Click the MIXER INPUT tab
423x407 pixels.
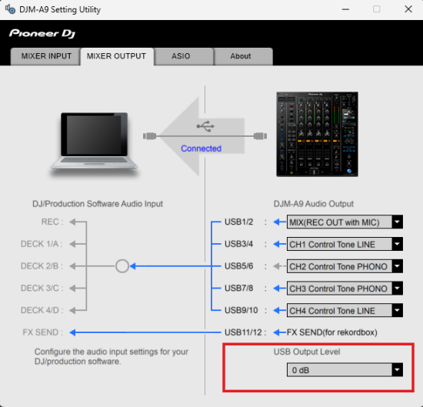pos(45,56)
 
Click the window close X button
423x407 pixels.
pos(408,9)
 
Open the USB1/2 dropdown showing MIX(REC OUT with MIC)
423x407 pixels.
pos(345,222)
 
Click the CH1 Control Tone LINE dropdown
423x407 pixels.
pos(345,244)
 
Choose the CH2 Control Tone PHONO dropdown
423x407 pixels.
pos(345,266)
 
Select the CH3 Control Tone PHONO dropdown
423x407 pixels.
pos(345,289)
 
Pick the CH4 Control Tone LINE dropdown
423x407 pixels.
pos(345,311)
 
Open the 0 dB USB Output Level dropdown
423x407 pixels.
pos(345,370)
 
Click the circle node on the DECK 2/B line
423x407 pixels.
pos(122,259)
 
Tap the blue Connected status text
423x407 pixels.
pos(201,148)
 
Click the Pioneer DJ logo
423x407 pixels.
pos(42,33)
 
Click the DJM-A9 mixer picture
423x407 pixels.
pos(317,134)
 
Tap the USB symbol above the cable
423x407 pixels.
pos(205,126)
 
